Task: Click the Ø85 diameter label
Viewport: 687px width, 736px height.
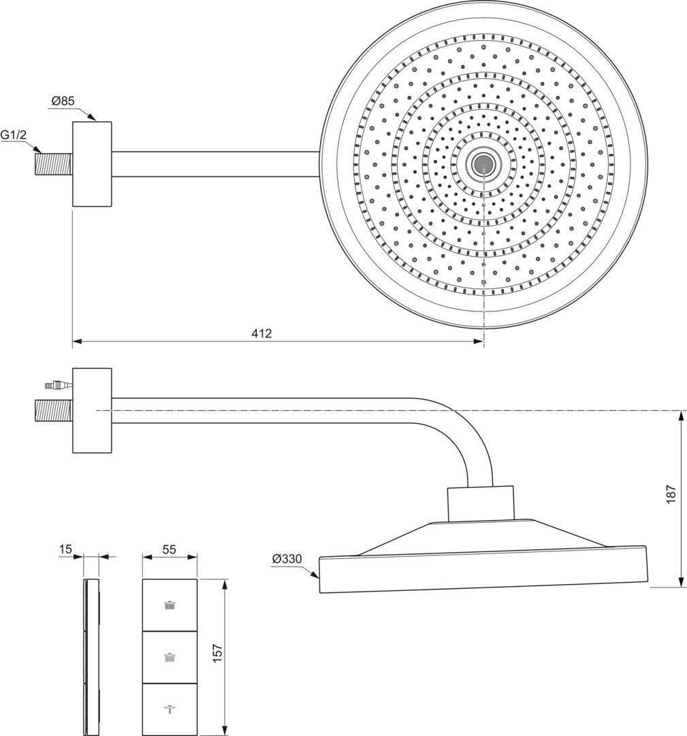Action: coord(63,100)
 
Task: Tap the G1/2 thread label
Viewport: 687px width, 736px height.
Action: coord(13,135)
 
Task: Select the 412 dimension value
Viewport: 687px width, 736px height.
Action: coord(261,333)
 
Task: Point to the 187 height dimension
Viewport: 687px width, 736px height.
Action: coord(671,494)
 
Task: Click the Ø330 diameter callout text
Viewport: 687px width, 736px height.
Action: coord(287,559)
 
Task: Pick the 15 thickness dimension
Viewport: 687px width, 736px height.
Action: coord(66,549)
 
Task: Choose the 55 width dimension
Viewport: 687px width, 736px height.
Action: coord(169,549)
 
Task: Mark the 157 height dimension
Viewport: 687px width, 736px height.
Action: coord(217,653)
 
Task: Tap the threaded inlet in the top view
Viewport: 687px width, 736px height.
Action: coord(54,164)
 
